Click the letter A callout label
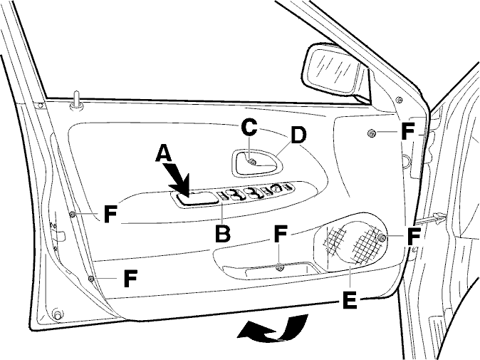click(164, 153)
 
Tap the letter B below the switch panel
click(222, 234)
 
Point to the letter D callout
click(298, 135)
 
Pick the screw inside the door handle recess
click(252, 162)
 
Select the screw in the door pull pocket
click(279, 267)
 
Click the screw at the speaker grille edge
click(382, 237)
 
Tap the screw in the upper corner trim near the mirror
click(371, 133)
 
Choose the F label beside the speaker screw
click(414, 236)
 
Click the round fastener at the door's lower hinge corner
click(57, 314)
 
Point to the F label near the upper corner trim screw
click(407, 131)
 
